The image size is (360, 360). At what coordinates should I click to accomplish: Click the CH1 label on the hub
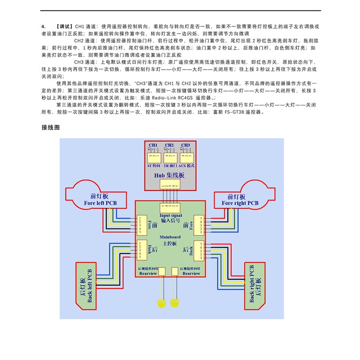[153, 144]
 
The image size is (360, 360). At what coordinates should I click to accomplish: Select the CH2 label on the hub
[169, 144]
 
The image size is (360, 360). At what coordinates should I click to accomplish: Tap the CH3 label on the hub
[186, 144]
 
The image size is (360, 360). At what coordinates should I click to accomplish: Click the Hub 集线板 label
[169, 176]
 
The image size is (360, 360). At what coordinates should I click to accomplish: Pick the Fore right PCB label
[240, 203]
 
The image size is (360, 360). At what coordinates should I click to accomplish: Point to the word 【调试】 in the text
[64, 26]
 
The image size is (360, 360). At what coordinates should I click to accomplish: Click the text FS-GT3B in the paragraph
[236, 112]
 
